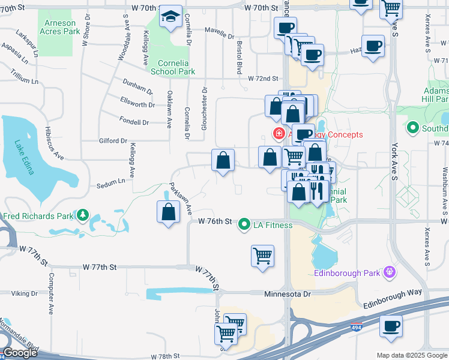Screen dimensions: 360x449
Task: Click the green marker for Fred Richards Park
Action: tap(82, 215)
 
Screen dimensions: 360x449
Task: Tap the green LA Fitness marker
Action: tap(244, 225)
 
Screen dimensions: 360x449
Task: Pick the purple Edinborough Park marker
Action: tap(389, 273)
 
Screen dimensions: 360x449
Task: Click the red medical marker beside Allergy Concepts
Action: tap(279, 133)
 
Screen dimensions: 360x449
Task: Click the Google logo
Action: tap(20, 353)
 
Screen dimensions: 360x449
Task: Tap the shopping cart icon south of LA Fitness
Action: tap(262, 256)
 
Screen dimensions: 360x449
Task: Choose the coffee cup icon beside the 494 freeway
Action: tap(391, 326)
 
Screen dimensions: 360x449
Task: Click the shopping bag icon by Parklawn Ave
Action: tap(169, 212)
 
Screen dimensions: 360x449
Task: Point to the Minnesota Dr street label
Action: tap(288, 294)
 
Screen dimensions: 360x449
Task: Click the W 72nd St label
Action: tap(264, 79)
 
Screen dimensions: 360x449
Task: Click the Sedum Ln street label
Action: tap(110, 184)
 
